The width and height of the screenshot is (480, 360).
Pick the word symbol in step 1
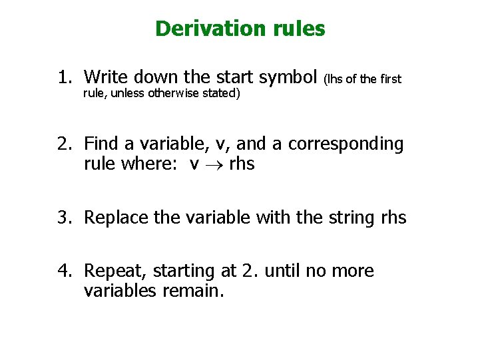pyautogui.click(x=288, y=78)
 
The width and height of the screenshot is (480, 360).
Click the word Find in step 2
pyautogui.click(x=101, y=144)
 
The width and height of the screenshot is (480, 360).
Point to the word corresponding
pyautogui.click(x=346, y=144)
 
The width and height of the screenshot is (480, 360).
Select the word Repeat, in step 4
pyautogui.click(x=117, y=271)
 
